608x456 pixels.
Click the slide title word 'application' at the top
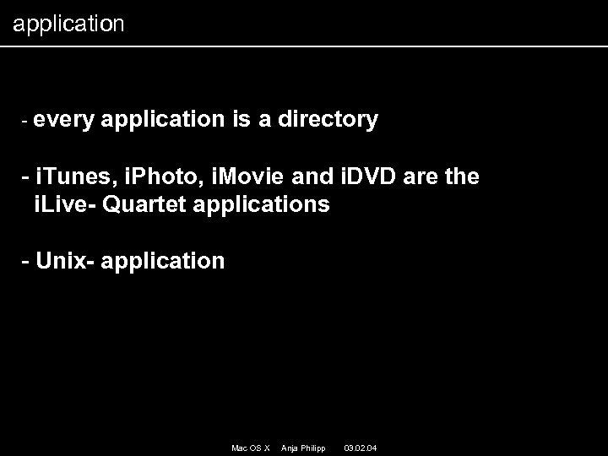pyautogui.click(x=68, y=24)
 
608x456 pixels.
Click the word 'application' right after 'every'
pyautogui.click(x=163, y=121)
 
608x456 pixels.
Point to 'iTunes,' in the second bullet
pyautogui.click(x=74, y=177)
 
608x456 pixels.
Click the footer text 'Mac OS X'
pyautogui.click(x=250, y=447)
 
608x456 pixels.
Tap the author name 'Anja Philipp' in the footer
pyautogui.click(x=301, y=447)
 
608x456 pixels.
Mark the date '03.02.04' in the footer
pyautogui.click(x=361, y=447)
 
